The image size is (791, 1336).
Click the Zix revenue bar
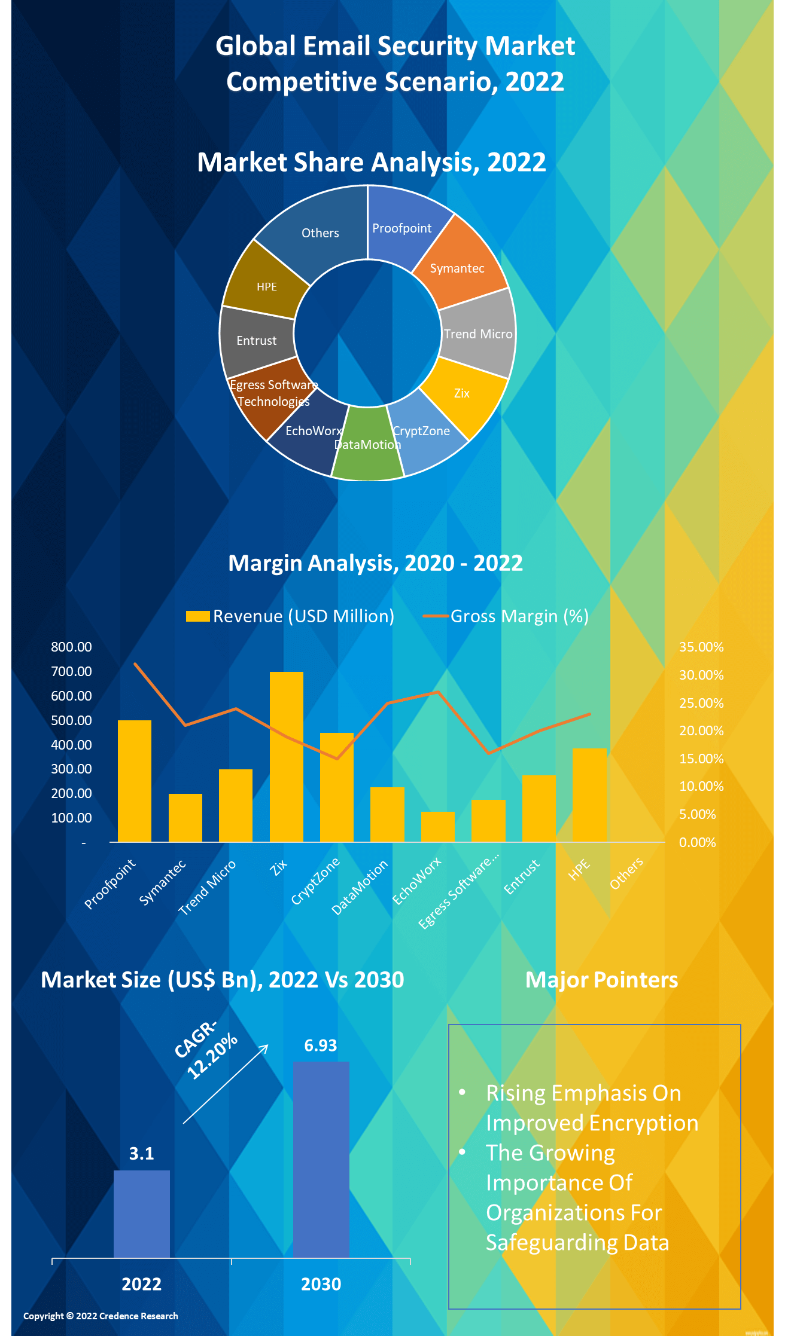287,757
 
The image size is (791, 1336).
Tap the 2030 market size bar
321,1159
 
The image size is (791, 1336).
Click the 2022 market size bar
142,1213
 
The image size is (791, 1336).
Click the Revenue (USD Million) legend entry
291,616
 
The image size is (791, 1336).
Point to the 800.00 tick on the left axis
72,647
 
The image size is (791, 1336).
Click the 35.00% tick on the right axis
701,647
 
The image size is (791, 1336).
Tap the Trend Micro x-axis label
208,888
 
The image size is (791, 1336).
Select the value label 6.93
321,1045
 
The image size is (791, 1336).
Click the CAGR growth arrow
226,1084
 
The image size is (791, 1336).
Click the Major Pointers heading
601,980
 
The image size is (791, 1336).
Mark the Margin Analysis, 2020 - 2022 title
376,563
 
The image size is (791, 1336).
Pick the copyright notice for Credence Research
101,1316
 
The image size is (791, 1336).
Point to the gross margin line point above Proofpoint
135,664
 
